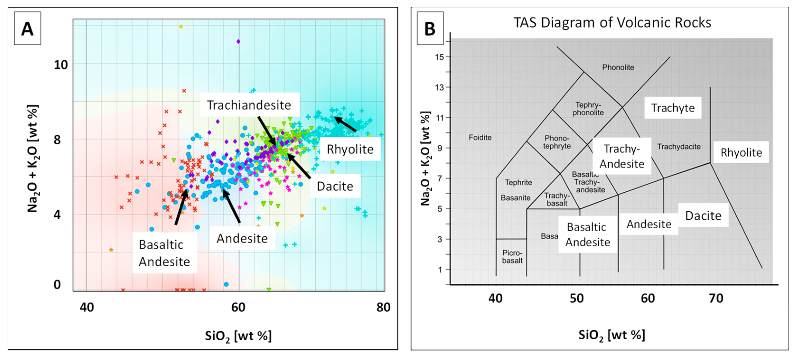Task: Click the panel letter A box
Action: [x=28, y=28]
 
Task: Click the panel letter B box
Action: [x=430, y=28]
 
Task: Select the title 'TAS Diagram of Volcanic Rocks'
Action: [x=612, y=23]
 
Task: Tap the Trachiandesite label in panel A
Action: [x=249, y=105]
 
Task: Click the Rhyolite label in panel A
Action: [x=350, y=149]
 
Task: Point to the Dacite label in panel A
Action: [x=335, y=186]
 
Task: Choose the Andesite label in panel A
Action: [x=242, y=238]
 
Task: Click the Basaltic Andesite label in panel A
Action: [x=164, y=253]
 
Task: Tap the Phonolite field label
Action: [x=618, y=67]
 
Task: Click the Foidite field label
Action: [x=480, y=137]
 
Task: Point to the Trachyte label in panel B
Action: [x=673, y=108]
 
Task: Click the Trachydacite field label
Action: [x=679, y=147]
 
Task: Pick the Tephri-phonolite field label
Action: [x=588, y=109]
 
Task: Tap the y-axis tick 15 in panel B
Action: [x=439, y=57]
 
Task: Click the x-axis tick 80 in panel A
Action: [x=383, y=307]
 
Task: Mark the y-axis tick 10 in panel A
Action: [x=61, y=65]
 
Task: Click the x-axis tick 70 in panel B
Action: [x=716, y=298]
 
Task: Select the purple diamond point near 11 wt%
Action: [x=238, y=41]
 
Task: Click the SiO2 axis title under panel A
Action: [x=238, y=336]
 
